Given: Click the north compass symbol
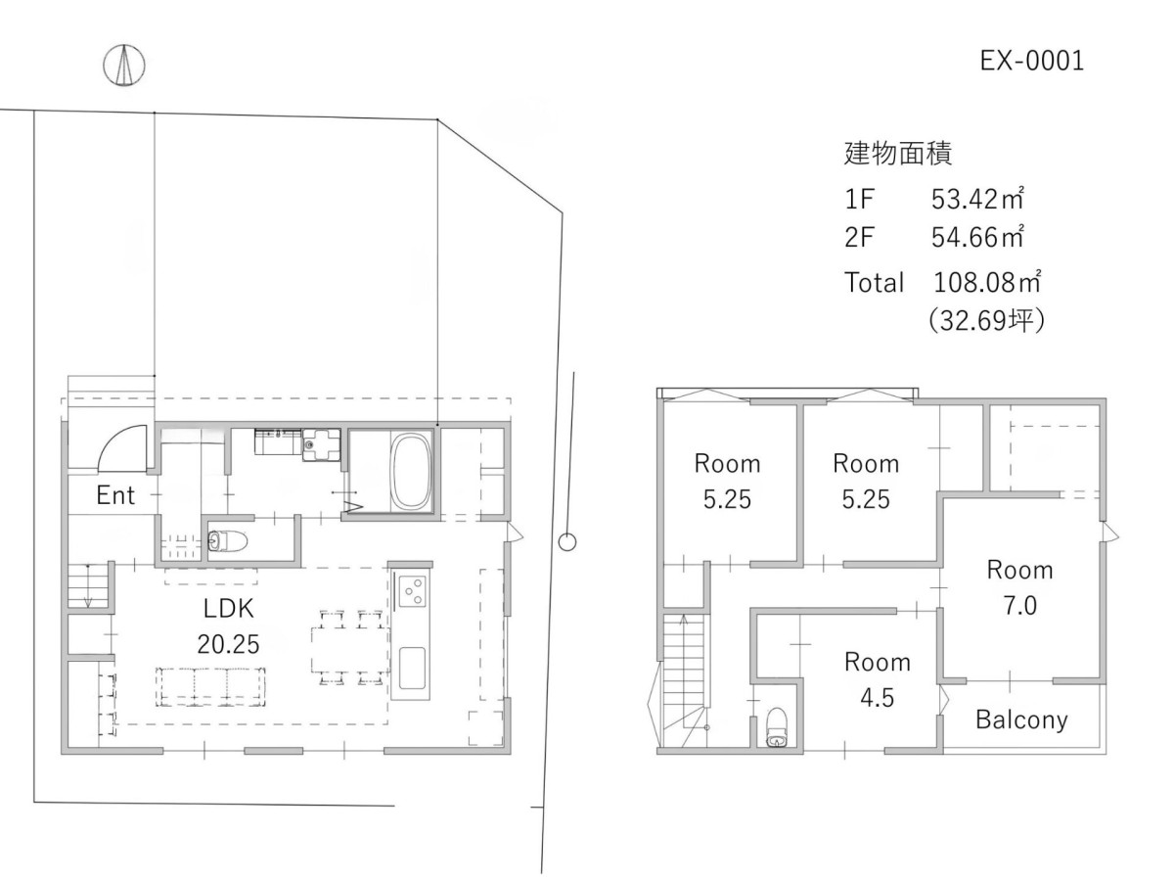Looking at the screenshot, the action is (124, 66).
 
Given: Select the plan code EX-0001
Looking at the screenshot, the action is (1032, 61).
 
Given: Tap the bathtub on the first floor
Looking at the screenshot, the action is (411, 471).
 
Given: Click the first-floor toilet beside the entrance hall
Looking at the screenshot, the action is (227, 540).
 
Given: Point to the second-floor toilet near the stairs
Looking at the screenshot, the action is (776, 727).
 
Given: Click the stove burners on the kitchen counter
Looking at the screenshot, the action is (413, 591).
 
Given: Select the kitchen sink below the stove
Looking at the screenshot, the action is (413, 668).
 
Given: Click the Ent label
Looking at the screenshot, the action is (115, 494).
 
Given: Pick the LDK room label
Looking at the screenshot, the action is (228, 608).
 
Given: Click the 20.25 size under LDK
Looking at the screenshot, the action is (228, 644).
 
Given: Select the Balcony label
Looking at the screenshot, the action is (1021, 720).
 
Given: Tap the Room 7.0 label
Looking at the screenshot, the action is (1020, 588).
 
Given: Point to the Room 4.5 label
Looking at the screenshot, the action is (878, 680).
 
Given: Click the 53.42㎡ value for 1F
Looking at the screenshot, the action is (977, 199).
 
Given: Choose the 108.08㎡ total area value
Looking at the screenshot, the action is (987, 282).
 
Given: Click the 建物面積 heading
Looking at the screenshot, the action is (898, 154).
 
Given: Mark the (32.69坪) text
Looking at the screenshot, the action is (987, 320).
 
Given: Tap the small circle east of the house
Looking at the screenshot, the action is (566, 542).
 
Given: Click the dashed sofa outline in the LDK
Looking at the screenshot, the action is (211, 686).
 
